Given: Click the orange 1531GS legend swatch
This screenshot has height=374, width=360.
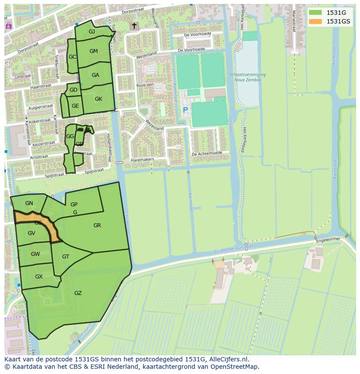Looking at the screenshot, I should [316, 21].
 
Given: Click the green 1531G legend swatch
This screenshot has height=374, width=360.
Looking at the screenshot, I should [316, 13].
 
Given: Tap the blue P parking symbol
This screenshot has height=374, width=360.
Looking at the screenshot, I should [185, 110].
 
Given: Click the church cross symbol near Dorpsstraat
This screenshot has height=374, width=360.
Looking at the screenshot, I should [134, 26].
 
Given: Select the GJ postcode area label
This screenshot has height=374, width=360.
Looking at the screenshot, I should [92, 32].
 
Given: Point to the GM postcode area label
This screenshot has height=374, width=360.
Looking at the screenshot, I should [93, 51].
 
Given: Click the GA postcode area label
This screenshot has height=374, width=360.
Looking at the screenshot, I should [96, 75].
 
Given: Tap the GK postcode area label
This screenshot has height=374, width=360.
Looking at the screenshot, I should [98, 99].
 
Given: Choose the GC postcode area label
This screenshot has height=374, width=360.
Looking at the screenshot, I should [72, 57].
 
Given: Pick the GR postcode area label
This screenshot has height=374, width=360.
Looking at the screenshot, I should [97, 225].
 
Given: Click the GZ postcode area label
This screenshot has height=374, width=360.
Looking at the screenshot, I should [78, 293].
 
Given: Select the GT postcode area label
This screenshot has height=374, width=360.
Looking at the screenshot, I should [66, 257].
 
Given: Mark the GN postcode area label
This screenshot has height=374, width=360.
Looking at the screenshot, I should [29, 203].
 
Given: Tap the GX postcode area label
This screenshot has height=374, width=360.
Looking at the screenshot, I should [39, 277].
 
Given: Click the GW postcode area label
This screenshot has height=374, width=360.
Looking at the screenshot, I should [35, 254].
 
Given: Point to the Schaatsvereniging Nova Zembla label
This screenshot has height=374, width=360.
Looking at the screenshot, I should [247, 77].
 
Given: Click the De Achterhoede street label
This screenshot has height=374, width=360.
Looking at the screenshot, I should [207, 153].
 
